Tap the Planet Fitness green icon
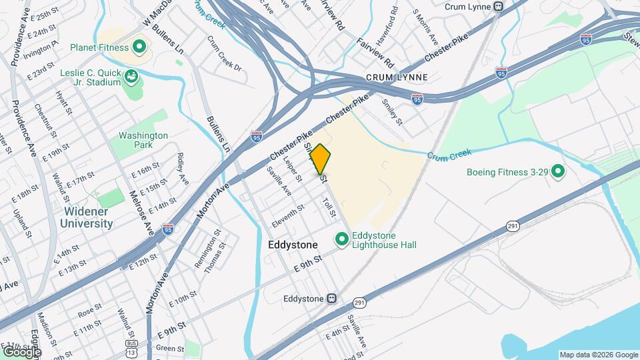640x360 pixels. pos(139,47)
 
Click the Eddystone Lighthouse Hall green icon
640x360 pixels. pos(343,238)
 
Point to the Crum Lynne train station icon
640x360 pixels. pos(497,6)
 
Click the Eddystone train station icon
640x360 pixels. pos(331,299)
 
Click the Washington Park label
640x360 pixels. pos(143,140)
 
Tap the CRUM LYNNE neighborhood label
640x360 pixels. pos(396,78)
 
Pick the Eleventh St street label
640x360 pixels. pos(288,213)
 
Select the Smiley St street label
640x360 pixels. pos(392,112)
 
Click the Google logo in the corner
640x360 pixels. pos(21,351)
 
